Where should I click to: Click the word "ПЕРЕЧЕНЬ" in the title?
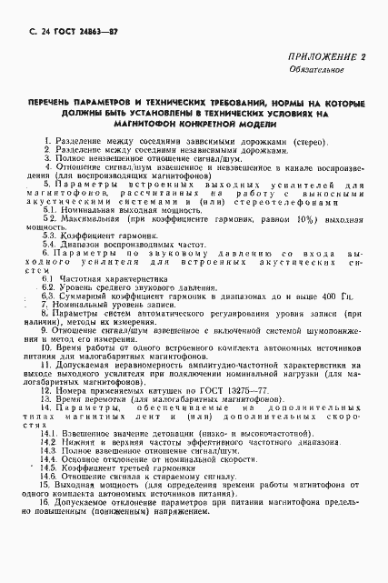pos(57,104)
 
